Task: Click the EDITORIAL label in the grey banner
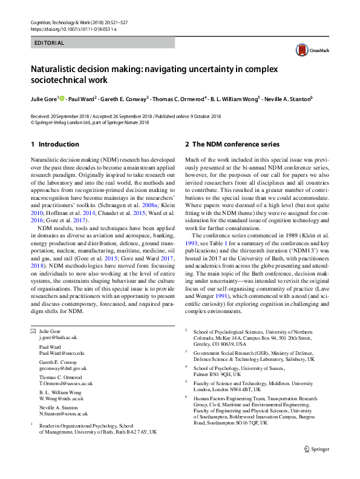click(x=49, y=43)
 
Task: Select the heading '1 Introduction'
click(x=55, y=144)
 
